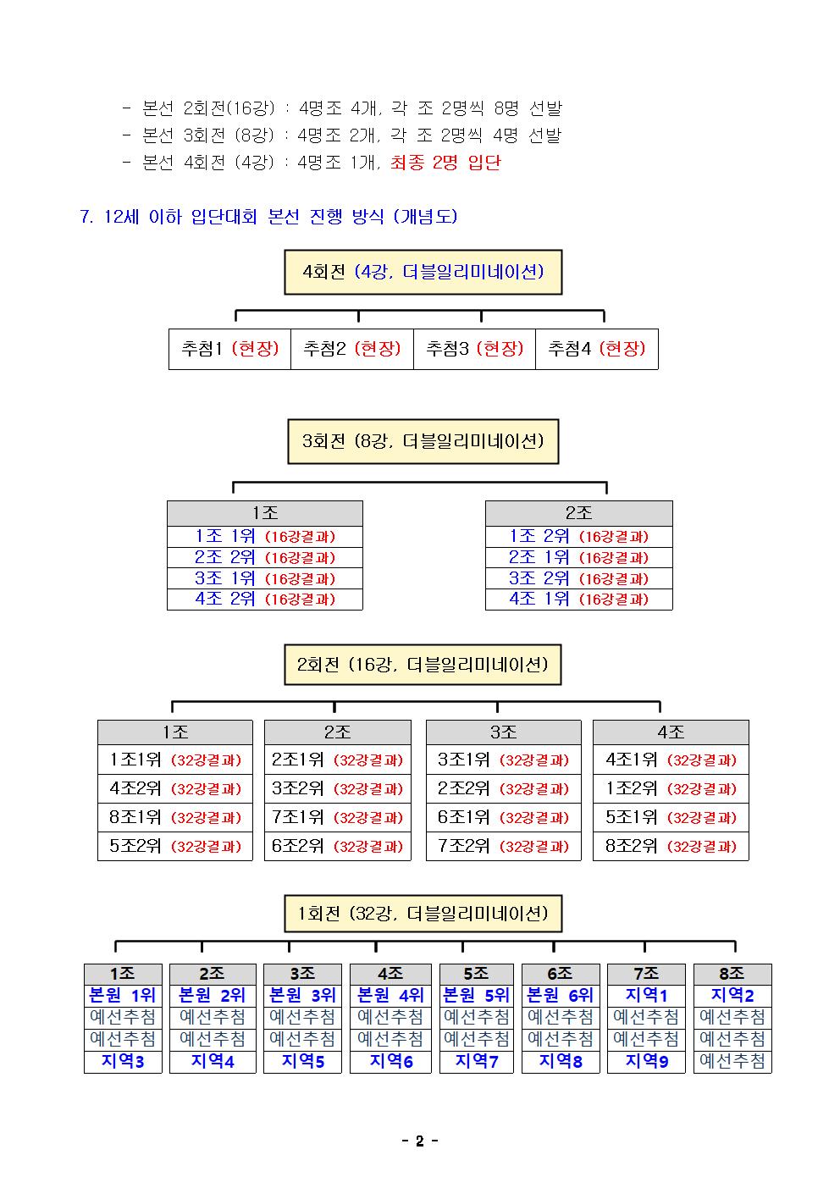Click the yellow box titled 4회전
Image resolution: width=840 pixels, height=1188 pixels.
point(423,272)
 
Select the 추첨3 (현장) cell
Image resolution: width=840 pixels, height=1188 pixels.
point(475,349)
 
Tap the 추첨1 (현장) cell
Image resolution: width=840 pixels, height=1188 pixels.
point(229,349)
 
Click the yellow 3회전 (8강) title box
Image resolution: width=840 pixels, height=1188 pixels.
point(423,441)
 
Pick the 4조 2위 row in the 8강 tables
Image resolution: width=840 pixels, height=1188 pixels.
point(265,600)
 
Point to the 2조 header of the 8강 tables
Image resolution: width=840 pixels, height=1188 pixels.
point(578,513)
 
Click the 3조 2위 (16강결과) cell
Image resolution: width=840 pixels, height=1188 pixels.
point(578,578)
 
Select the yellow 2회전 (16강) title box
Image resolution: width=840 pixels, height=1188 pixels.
point(423,665)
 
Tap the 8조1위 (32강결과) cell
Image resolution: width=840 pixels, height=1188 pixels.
point(175,817)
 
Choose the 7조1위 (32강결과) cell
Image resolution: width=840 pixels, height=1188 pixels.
point(337,817)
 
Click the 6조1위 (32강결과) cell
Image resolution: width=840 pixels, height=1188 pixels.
point(503,817)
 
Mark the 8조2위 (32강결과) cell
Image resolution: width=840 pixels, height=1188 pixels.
point(671,846)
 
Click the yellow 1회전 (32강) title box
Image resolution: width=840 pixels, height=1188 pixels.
point(423,914)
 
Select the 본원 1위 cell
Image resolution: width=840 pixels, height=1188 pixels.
point(123,996)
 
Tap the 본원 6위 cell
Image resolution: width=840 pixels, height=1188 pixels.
point(561,996)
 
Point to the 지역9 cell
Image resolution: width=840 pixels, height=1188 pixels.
point(646,1061)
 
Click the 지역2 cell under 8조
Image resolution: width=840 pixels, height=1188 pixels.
point(732,996)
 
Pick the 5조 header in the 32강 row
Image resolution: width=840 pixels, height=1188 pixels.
point(476,974)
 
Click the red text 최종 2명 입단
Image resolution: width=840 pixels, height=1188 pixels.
point(445,163)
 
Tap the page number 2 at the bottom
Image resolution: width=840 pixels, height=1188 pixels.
point(420,1141)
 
